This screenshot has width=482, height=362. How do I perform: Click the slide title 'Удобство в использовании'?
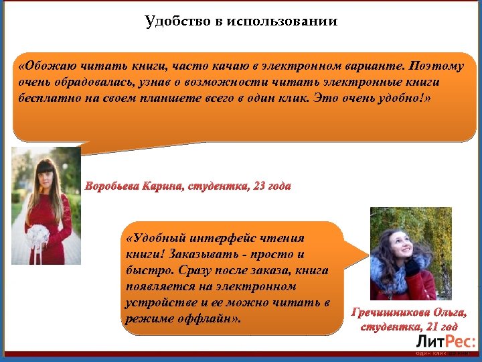[x=241, y=21]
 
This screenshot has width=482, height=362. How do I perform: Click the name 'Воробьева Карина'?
[x=134, y=186]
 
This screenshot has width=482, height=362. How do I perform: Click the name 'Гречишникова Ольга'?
[x=409, y=312]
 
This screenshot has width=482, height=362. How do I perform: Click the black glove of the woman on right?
[x=412, y=266]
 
